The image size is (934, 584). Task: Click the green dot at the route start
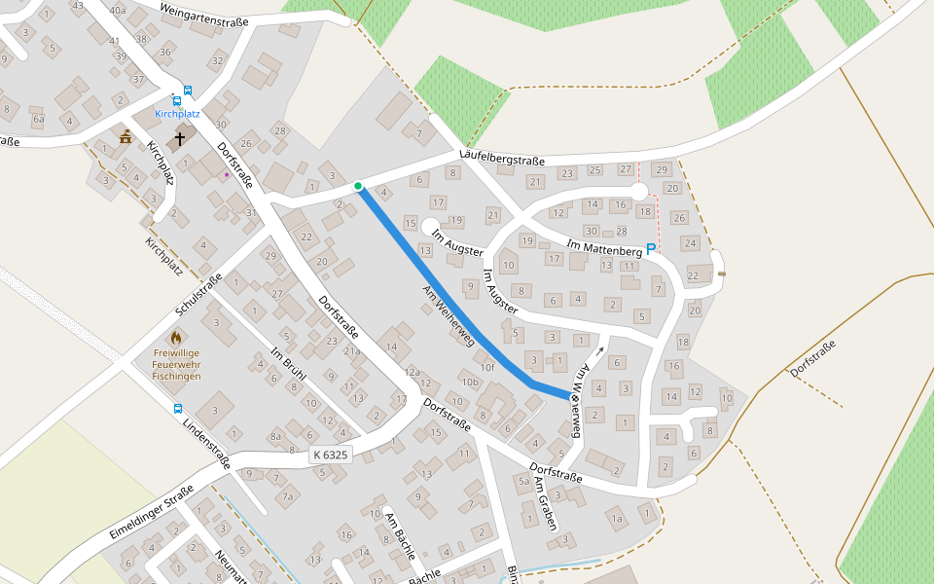click(x=358, y=186)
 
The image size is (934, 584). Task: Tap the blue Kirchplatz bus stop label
click(x=177, y=114)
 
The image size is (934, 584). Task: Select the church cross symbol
click(x=180, y=139)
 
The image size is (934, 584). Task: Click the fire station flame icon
click(x=175, y=338)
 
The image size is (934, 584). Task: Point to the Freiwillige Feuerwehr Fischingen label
click(x=176, y=363)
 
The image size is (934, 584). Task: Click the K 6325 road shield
click(x=330, y=455)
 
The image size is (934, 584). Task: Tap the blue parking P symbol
click(x=651, y=249)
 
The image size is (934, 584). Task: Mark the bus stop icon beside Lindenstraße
click(x=177, y=409)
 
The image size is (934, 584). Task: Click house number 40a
click(x=118, y=10)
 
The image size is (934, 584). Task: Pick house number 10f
click(x=486, y=368)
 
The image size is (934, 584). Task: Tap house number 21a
click(x=350, y=351)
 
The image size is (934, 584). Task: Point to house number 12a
click(x=412, y=372)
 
